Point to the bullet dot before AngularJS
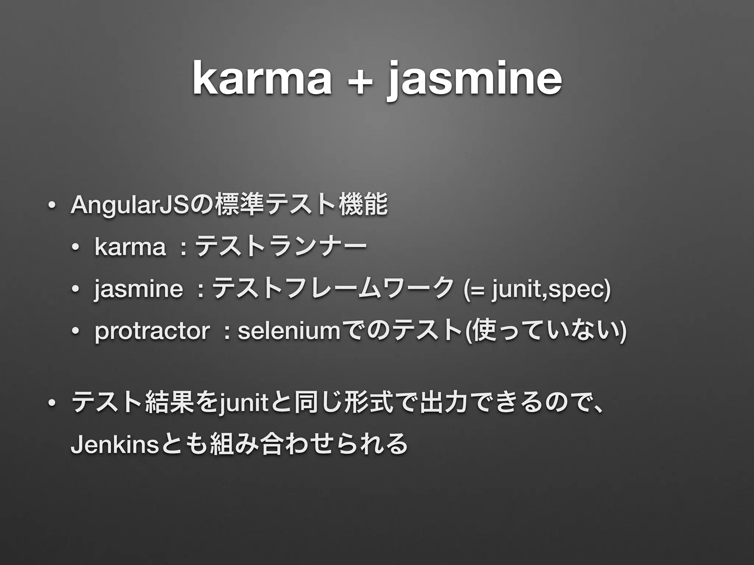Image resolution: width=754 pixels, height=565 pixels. (x=51, y=206)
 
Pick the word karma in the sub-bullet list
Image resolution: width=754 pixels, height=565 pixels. (x=130, y=247)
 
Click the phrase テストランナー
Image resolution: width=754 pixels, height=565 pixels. (x=281, y=247)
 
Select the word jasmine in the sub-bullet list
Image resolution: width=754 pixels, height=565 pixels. (x=138, y=289)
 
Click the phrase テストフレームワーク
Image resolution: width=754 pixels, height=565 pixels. (x=333, y=289)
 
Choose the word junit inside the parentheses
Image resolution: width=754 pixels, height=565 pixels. (x=519, y=289)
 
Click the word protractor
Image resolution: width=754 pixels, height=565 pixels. (x=152, y=331)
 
